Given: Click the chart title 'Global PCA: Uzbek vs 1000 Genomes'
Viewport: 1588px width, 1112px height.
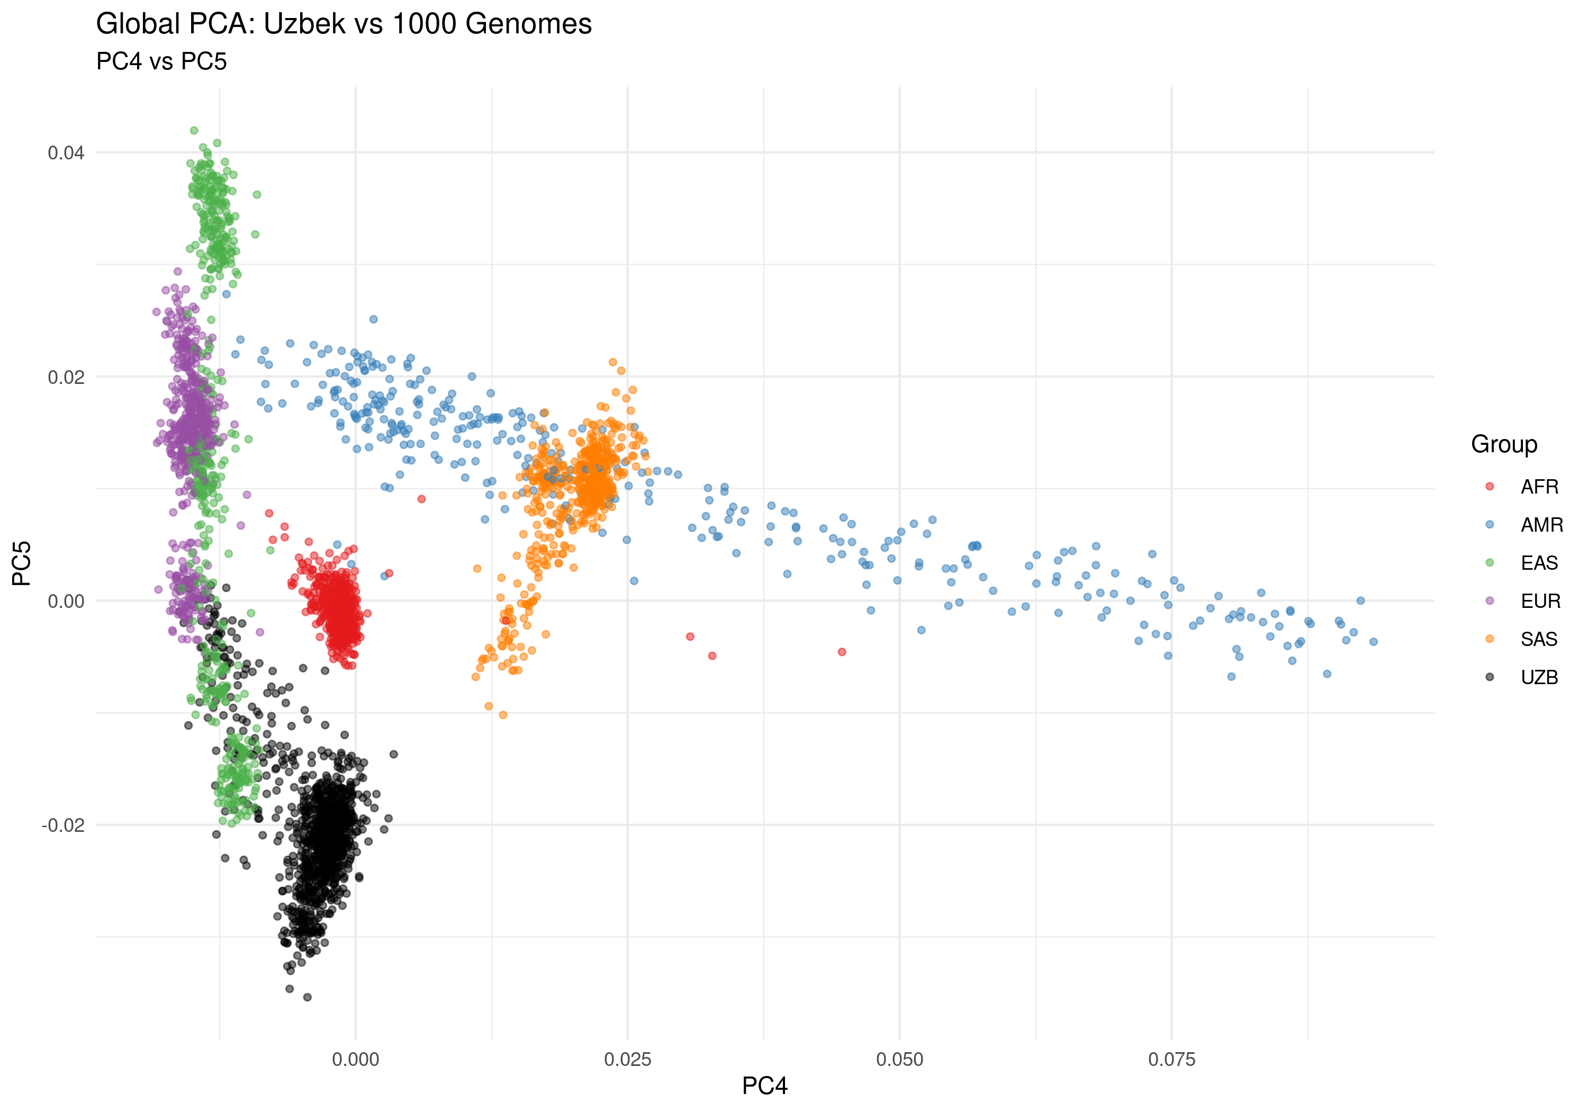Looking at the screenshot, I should tap(344, 24).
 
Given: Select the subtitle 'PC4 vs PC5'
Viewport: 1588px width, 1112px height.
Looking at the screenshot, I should tap(161, 61).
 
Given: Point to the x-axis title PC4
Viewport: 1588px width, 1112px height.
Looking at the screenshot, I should tap(764, 1086).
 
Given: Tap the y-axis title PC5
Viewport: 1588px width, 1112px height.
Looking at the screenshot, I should tap(22, 563).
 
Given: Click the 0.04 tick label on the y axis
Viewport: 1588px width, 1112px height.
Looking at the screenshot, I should tap(66, 153).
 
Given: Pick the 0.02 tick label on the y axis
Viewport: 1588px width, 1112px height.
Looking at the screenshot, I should tap(66, 377).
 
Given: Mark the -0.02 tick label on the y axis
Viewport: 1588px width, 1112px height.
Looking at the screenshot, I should tap(63, 826).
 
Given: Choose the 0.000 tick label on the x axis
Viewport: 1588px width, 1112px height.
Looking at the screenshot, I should tap(356, 1060).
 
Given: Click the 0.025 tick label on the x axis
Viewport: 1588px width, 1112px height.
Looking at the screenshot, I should tap(627, 1060).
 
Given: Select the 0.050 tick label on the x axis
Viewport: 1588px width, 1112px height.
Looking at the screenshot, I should tap(899, 1060).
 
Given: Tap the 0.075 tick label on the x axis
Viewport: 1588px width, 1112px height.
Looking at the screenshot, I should tap(1171, 1060).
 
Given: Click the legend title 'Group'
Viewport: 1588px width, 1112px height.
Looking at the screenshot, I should tap(1504, 444).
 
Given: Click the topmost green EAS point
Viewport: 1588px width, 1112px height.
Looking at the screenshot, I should tap(194, 131).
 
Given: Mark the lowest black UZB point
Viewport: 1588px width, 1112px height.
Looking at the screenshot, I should tap(307, 997).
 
